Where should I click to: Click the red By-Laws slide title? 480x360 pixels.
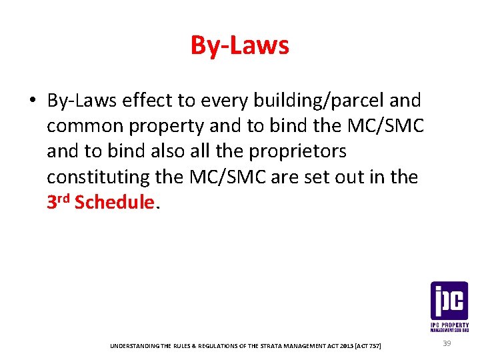pyautogui.click(x=240, y=45)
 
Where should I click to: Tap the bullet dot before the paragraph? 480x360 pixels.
pyautogui.click(x=31, y=101)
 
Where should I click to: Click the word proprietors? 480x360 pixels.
pyautogui.click(x=297, y=151)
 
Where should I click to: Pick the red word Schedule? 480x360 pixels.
pyautogui.click(x=115, y=202)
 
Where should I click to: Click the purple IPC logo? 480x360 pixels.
pyautogui.click(x=449, y=301)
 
